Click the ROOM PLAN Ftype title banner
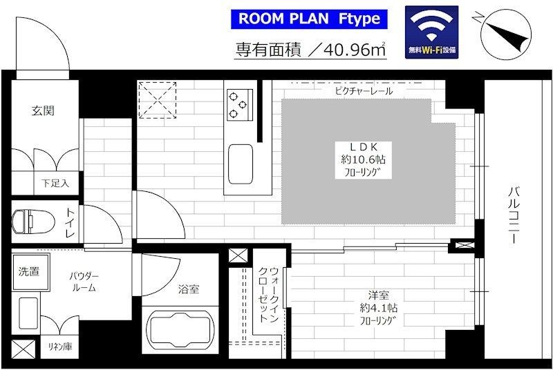(309, 19)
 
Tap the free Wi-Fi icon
(431, 32)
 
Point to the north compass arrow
(505, 35)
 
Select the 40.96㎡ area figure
(354, 50)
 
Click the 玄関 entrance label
(43, 111)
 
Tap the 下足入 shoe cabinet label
(55, 183)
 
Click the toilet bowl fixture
(33, 222)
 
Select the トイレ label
(71, 222)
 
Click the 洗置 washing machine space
(30, 272)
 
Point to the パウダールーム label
(84, 282)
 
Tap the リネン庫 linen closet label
(60, 347)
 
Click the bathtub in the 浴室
(180, 329)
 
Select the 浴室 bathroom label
(188, 289)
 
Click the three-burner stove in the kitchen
(240, 104)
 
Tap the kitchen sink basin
(240, 164)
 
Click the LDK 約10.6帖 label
(363, 160)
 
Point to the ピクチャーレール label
(364, 91)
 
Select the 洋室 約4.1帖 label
(378, 307)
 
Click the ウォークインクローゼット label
(269, 295)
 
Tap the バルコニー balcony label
(514, 215)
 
